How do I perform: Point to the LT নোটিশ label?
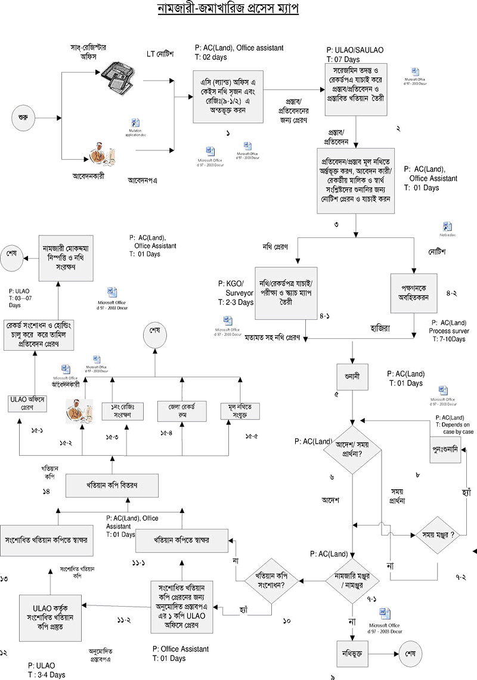[160, 54]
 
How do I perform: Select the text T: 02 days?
[213, 58]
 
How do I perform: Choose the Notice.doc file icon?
[448, 227]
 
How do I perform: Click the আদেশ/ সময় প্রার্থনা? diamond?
[352, 449]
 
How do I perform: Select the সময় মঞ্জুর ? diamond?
[439, 535]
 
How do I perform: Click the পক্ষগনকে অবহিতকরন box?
[414, 293]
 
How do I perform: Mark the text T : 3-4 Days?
[47, 675]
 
